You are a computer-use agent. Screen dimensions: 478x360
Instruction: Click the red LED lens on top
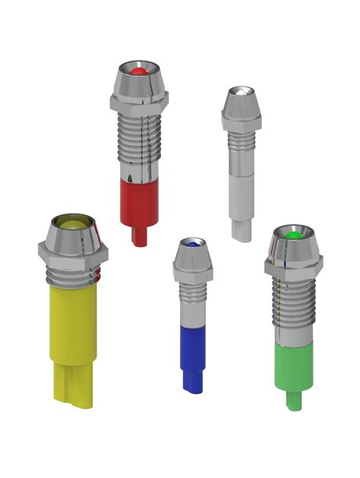click(x=137, y=71)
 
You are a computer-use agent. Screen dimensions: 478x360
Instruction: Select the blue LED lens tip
click(x=194, y=245)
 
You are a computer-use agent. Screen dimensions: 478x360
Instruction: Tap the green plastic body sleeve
click(x=294, y=364)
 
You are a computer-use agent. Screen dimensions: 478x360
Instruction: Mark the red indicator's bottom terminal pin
click(x=139, y=235)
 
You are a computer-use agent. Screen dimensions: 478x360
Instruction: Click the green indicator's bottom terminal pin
click(x=293, y=401)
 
